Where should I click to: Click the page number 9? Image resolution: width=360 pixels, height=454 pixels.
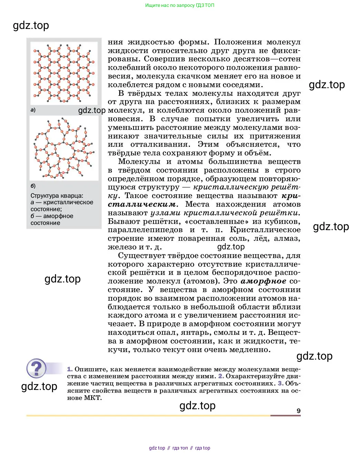click(298, 411)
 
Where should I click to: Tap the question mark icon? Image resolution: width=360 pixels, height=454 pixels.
click(36, 369)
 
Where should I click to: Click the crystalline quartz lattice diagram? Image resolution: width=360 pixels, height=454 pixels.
click(64, 73)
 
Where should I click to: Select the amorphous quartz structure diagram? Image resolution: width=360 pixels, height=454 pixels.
click(64, 148)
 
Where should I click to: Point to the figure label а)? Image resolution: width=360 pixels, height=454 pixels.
click(33, 110)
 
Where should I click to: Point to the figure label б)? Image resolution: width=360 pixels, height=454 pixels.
click(33, 186)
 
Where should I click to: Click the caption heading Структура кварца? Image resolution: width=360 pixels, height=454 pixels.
click(57, 196)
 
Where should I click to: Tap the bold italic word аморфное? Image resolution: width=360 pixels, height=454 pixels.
click(263, 281)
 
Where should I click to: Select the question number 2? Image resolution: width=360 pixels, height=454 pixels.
click(221, 376)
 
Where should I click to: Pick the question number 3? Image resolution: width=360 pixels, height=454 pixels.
click(280, 383)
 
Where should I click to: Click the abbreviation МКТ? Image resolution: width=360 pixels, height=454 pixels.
click(93, 398)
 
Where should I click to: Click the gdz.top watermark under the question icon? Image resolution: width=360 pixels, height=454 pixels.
click(39, 386)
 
